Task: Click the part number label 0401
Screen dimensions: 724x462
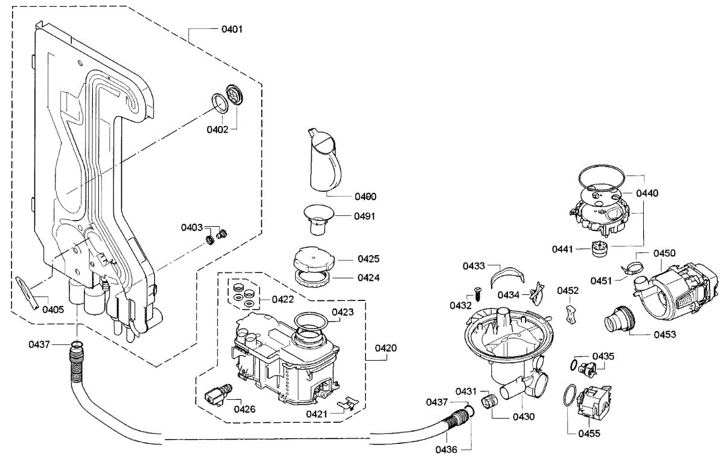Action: tap(232, 30)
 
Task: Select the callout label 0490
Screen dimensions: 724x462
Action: tap(366, 197)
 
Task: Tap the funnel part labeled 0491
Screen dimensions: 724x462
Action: tap(319, 220)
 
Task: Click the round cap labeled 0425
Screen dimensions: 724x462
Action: tap(314, 259)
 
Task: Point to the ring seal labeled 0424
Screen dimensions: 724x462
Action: tap(313, 278)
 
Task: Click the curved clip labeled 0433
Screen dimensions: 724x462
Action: tap(507, 276)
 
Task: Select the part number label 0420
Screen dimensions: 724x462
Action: tap(386, 348)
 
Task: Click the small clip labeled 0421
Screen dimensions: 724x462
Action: tap(348, 403)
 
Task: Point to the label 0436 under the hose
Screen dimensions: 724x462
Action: tap(446, 449)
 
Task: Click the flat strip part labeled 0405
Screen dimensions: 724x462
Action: tap(28, 293)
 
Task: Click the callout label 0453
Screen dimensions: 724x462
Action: tap(665, 334)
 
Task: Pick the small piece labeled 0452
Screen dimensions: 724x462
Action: tap(571, 314)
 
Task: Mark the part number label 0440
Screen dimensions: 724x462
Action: tap(647, 193)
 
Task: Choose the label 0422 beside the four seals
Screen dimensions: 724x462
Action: tap(283, 300)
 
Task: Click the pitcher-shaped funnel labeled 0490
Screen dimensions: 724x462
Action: tap(324, 160)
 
